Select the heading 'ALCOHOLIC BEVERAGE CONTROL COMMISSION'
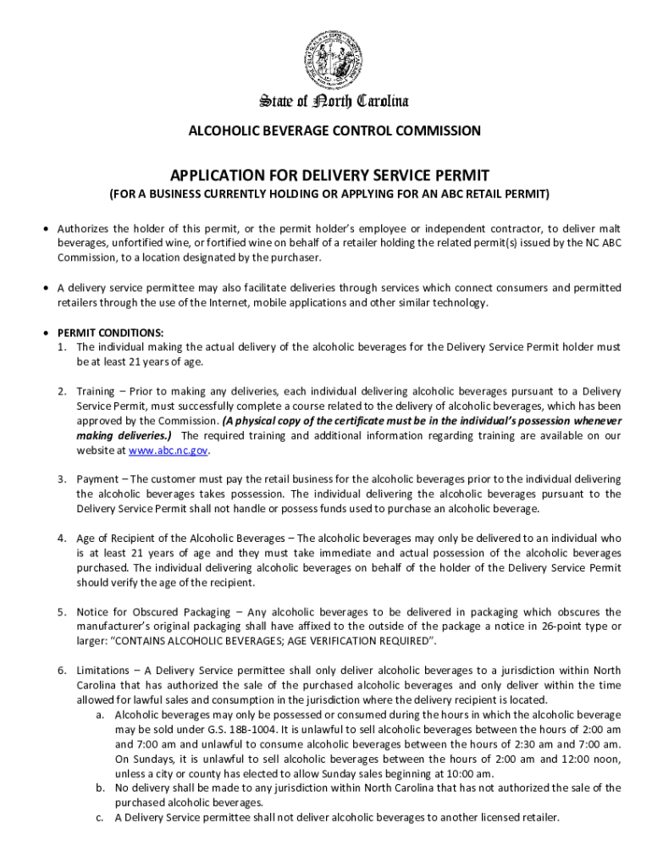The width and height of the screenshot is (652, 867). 334,131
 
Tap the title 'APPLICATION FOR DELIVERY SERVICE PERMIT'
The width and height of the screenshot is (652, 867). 330,175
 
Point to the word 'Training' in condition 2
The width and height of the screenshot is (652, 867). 96,391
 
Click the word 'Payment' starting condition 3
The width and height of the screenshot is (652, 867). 97,479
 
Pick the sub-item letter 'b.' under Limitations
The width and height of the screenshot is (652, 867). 100,788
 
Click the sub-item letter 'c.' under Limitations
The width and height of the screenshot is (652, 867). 100,818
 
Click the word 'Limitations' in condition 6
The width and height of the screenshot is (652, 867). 103,671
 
